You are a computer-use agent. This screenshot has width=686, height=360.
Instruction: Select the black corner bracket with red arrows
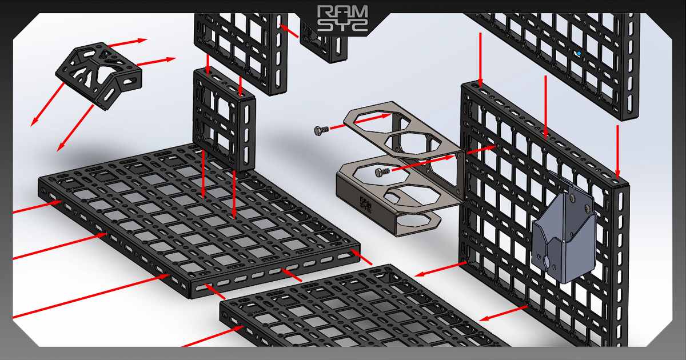(101, 74)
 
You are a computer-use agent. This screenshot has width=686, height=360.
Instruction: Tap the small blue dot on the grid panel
(579, 54)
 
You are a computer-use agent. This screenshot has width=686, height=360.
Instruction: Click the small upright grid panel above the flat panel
(223, 120)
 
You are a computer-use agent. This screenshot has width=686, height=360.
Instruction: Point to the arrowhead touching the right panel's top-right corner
(618, 174)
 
